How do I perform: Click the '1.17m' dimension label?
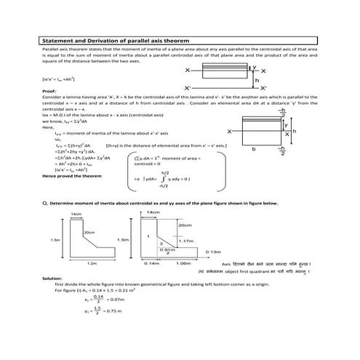186,240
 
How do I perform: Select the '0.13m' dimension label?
213,252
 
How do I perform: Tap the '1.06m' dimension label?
184,263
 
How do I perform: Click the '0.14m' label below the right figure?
152,263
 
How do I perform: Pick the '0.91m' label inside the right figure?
166,249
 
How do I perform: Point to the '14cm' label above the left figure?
76,214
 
